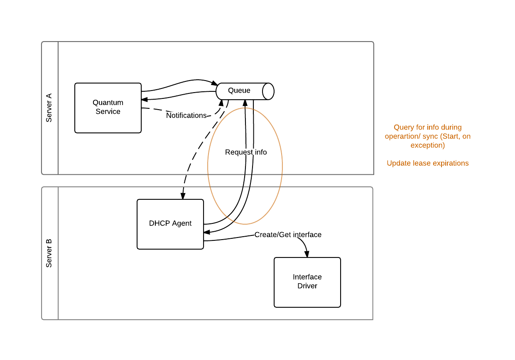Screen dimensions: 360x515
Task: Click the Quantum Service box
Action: (x=108, y=108)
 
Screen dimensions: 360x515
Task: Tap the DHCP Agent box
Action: (x=170, y=224)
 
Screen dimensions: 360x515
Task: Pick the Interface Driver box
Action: (x=307, y=282)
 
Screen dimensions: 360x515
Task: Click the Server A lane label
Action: (x=49, y=108)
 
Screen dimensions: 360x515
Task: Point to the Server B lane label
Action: (x=49, y=253)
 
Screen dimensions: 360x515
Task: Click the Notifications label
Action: (x=186, y=115)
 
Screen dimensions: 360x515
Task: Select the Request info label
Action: (x=246, y=152)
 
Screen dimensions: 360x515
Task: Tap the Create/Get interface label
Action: (x=288, y=235)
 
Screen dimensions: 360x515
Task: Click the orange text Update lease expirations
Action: (x=427, y=163)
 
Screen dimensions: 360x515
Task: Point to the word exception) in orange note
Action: (x=427, y=145)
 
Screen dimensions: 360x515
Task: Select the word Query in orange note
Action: (x=403, y=127)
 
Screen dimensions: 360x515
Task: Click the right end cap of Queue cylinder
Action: (x=268, y=91)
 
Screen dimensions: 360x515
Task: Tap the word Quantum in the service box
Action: (x=108, y=103)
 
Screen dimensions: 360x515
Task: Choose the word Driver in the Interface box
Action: (x=307, y=286)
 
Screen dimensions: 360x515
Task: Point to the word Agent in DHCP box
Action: (x=182, y=223)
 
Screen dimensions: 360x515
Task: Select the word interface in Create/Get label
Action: (x=307, y=235)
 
